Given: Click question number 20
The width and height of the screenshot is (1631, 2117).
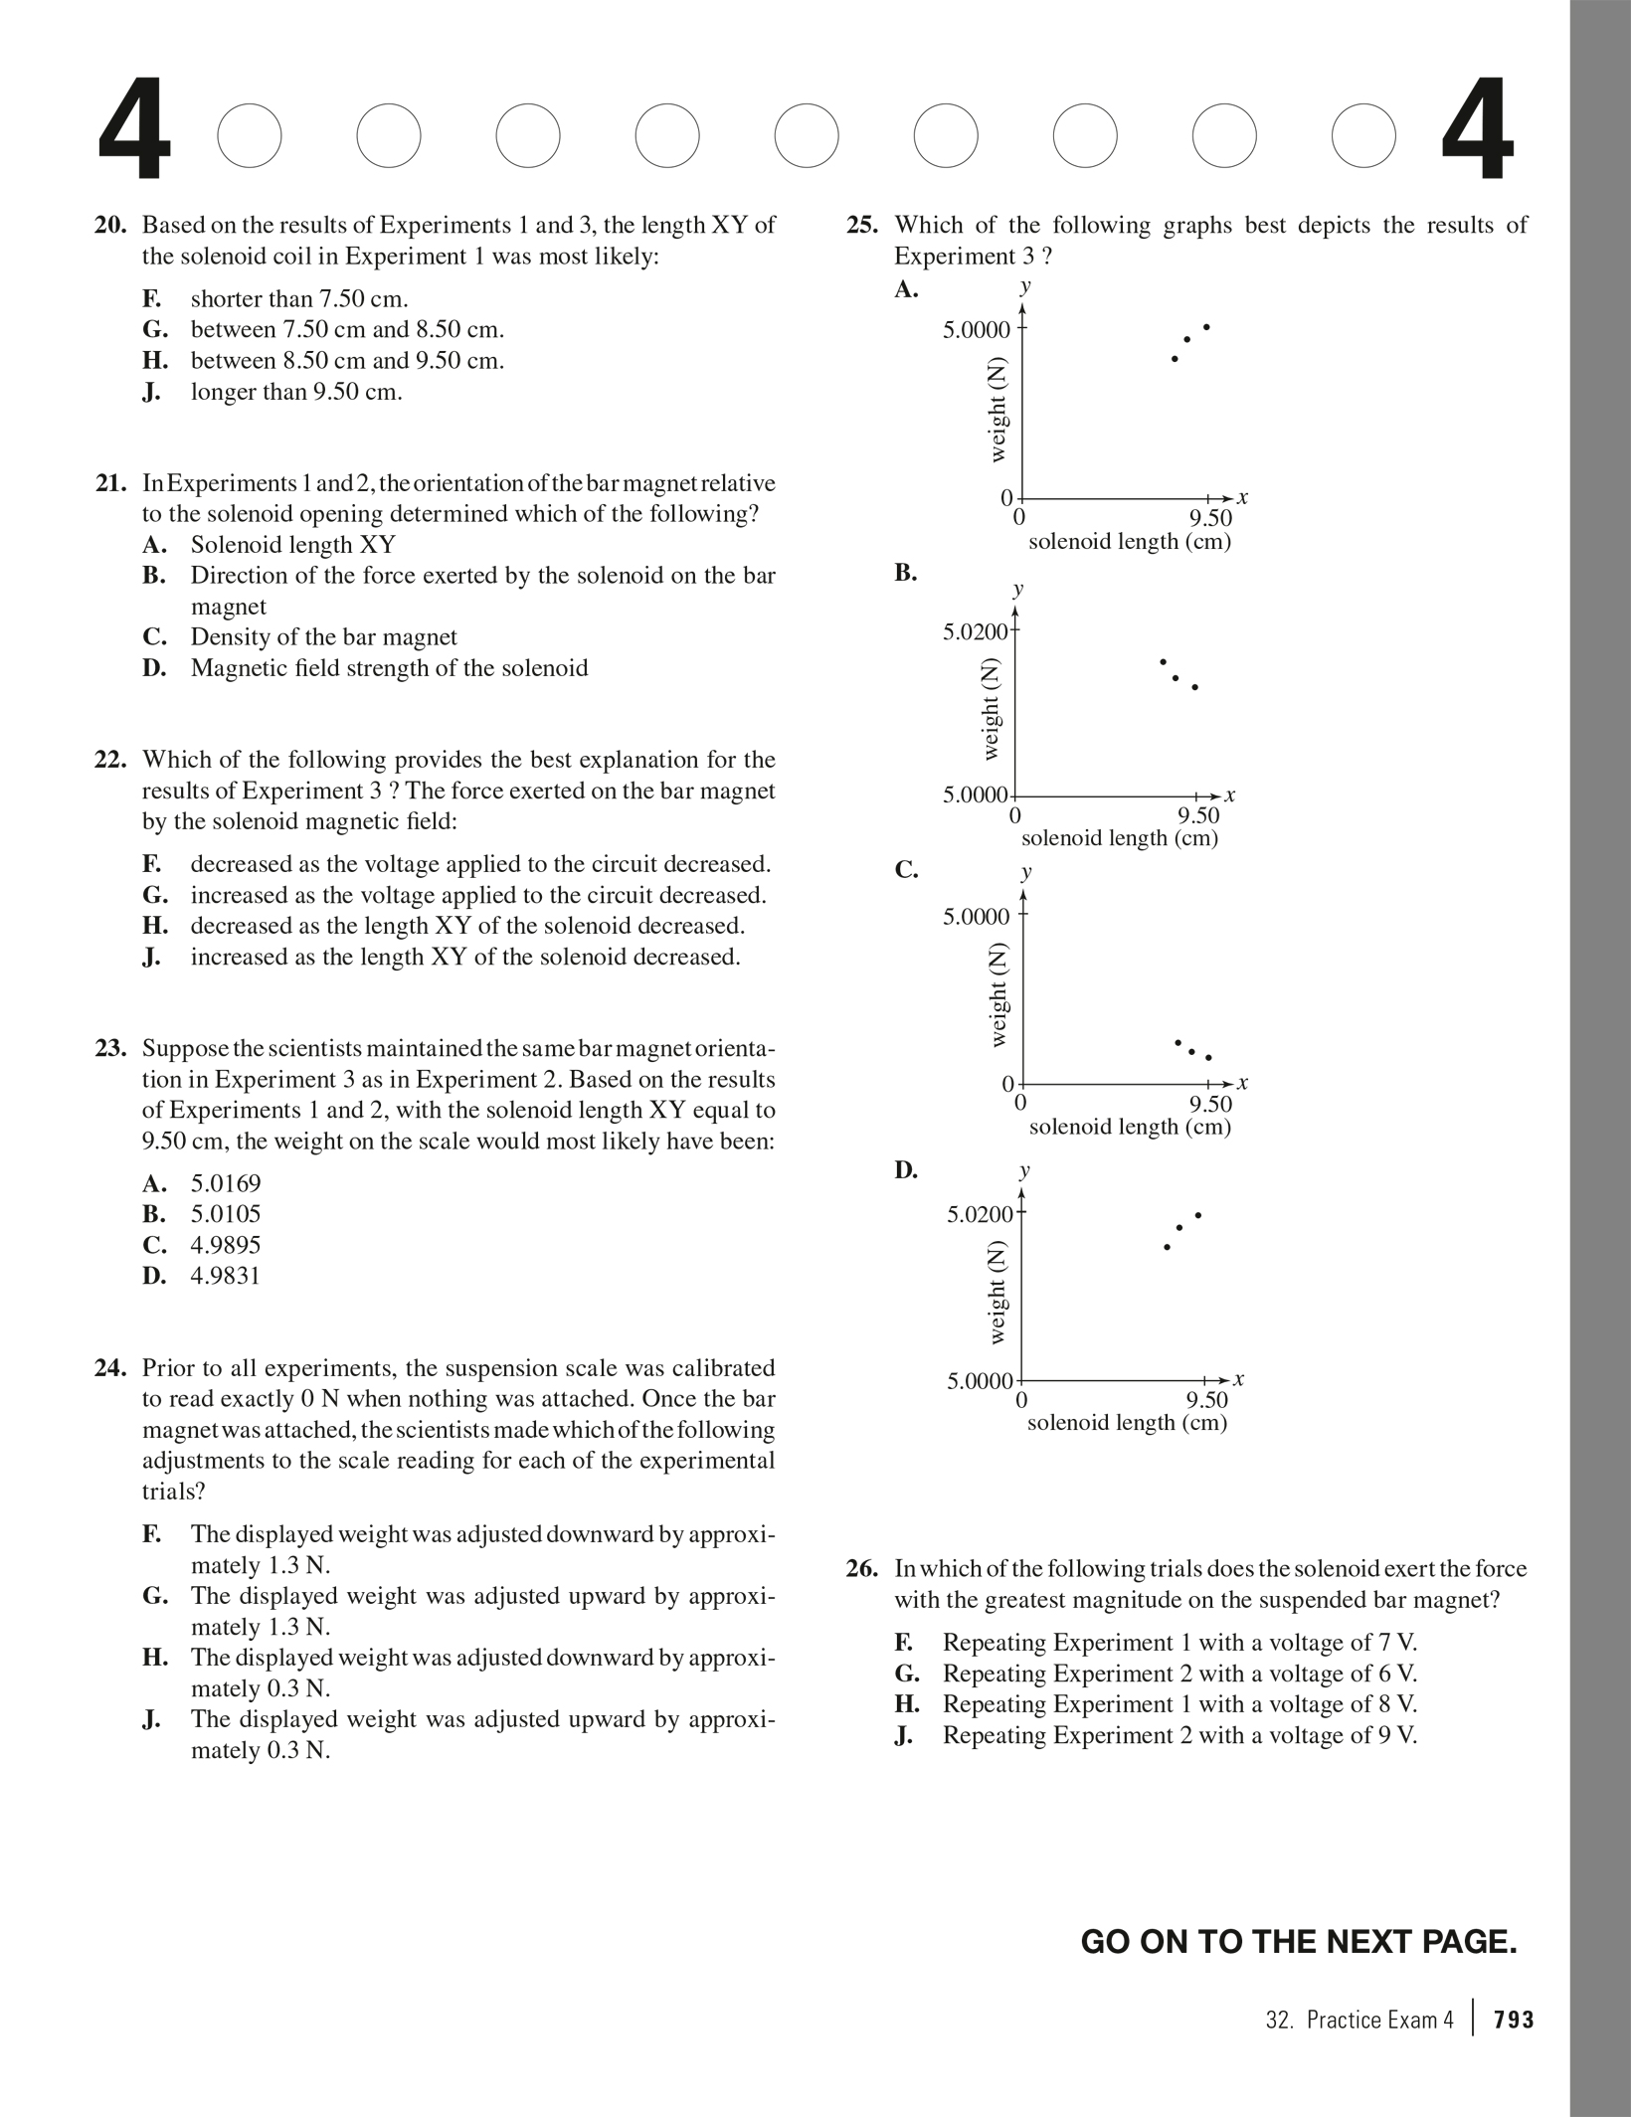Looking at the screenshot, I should [x=110, y=226].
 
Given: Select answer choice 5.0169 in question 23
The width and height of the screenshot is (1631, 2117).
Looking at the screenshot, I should [x=226, y=1183].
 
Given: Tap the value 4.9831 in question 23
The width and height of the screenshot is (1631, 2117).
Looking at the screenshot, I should [x=226, y=1276].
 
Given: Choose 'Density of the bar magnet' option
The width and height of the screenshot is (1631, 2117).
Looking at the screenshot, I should [x=323, y=637].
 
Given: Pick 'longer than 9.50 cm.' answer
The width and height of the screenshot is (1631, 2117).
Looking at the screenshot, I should [x=296, y=392].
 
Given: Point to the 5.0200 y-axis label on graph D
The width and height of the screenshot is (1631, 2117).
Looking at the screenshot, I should [x=979, y=1214].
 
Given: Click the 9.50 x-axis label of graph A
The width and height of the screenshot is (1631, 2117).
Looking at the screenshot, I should [x=1210, y=518].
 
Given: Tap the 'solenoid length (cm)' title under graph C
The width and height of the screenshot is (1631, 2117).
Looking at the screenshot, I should [x=1130, y=1127].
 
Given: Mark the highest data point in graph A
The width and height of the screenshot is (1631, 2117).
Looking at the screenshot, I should [x=1206, y=327].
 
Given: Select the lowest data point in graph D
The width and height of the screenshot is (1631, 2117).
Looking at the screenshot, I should [x=1167, y=1247].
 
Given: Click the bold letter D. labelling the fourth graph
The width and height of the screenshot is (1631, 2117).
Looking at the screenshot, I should [x=906, y=1169].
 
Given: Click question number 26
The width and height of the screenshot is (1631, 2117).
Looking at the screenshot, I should [x=862, y=1569].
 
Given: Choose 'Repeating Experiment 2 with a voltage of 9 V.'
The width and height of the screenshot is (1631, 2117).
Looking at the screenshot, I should [x=1179, y=1735].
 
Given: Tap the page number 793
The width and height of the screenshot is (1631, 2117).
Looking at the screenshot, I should [x=1514, y=2021].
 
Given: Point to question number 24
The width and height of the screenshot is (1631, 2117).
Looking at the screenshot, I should [x=110, y=1368].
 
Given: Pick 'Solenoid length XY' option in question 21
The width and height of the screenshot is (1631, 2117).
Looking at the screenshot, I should [x=292, y=545].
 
